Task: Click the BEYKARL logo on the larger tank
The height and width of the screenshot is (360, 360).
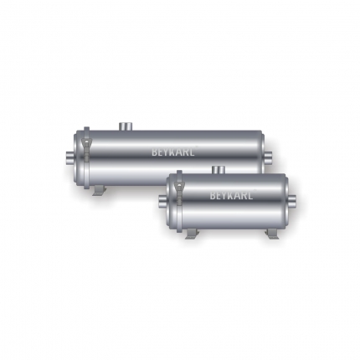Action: pos(173,152)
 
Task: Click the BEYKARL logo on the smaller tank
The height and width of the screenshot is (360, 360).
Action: pos(231,195)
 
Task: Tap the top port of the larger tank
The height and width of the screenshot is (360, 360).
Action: pos(126,126)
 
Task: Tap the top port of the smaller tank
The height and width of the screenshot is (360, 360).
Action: pos(219,170)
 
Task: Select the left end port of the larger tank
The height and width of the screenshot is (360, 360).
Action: pos(70,159)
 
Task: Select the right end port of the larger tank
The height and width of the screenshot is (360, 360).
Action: pos(268,159)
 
